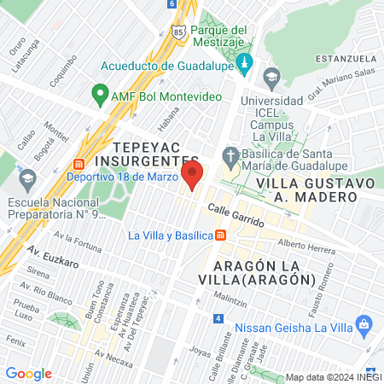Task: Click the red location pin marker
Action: (193, 176)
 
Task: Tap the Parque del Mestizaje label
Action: (218, 36)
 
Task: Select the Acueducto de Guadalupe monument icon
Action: (244, 64)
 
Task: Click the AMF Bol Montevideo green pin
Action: (100, 95)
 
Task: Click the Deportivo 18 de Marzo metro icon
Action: (79, 164)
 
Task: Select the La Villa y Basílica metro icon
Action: (221, 236)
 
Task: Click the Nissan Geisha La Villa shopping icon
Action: (364, 325)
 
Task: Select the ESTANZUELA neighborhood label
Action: (346, 58)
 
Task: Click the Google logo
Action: (28, 374)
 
